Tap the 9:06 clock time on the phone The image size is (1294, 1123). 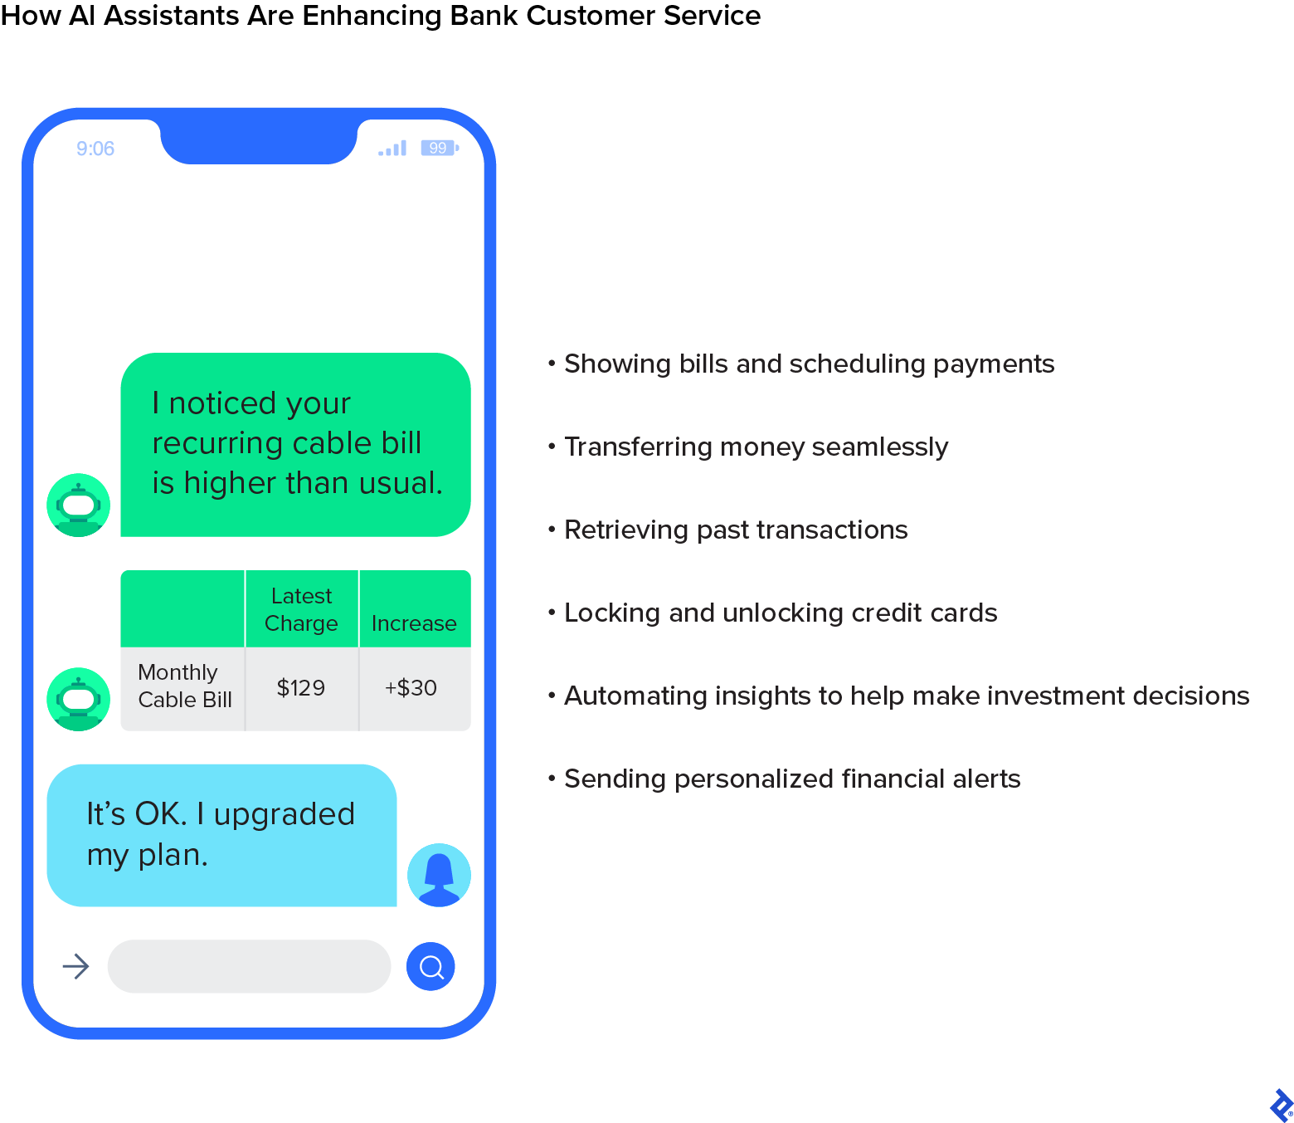tap(95, 149)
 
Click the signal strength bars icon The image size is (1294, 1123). tap(392, 149)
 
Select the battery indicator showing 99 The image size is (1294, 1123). tap(439, 148)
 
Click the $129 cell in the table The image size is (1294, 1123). tap(301, 688)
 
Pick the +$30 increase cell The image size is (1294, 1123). tap(411, 688)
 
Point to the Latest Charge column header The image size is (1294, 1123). tap(301, 609)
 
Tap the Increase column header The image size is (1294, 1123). tap(414, 623)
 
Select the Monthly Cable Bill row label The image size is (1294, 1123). tap(184, 686)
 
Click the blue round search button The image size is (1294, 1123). tap(431, 966)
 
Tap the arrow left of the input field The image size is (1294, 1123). tap(76, 966)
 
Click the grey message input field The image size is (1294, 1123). tap(249, 966)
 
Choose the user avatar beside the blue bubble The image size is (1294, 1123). tap(439, 875)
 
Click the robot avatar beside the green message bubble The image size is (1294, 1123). tap(79, 505)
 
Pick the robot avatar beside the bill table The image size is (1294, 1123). tap(79, 699)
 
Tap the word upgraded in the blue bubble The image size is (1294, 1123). tap(285, 814)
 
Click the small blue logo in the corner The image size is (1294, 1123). tap(1280, 1106)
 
